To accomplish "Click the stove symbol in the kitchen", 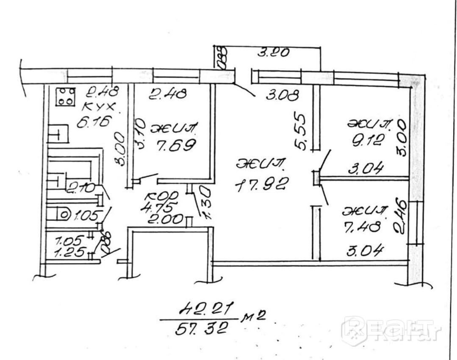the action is click(66, 96).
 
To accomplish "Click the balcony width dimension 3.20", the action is click(274, 53).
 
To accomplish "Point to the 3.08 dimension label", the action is click(283, 95).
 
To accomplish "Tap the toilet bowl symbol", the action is click(64, 215).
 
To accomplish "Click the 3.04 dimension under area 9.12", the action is click(366, 169).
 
